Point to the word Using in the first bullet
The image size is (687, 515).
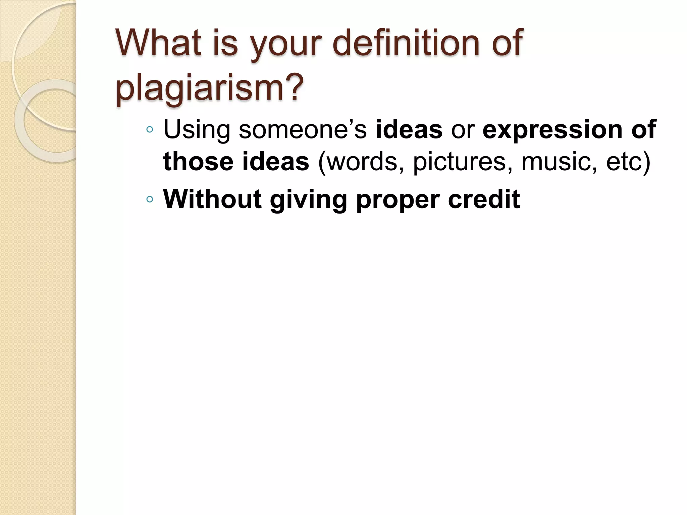(197, 130)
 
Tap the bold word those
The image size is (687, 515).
(198, 161)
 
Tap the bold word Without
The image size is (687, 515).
(212, 199)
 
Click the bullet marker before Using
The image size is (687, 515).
(150, 130)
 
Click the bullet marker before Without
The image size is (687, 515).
(150, 200)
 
